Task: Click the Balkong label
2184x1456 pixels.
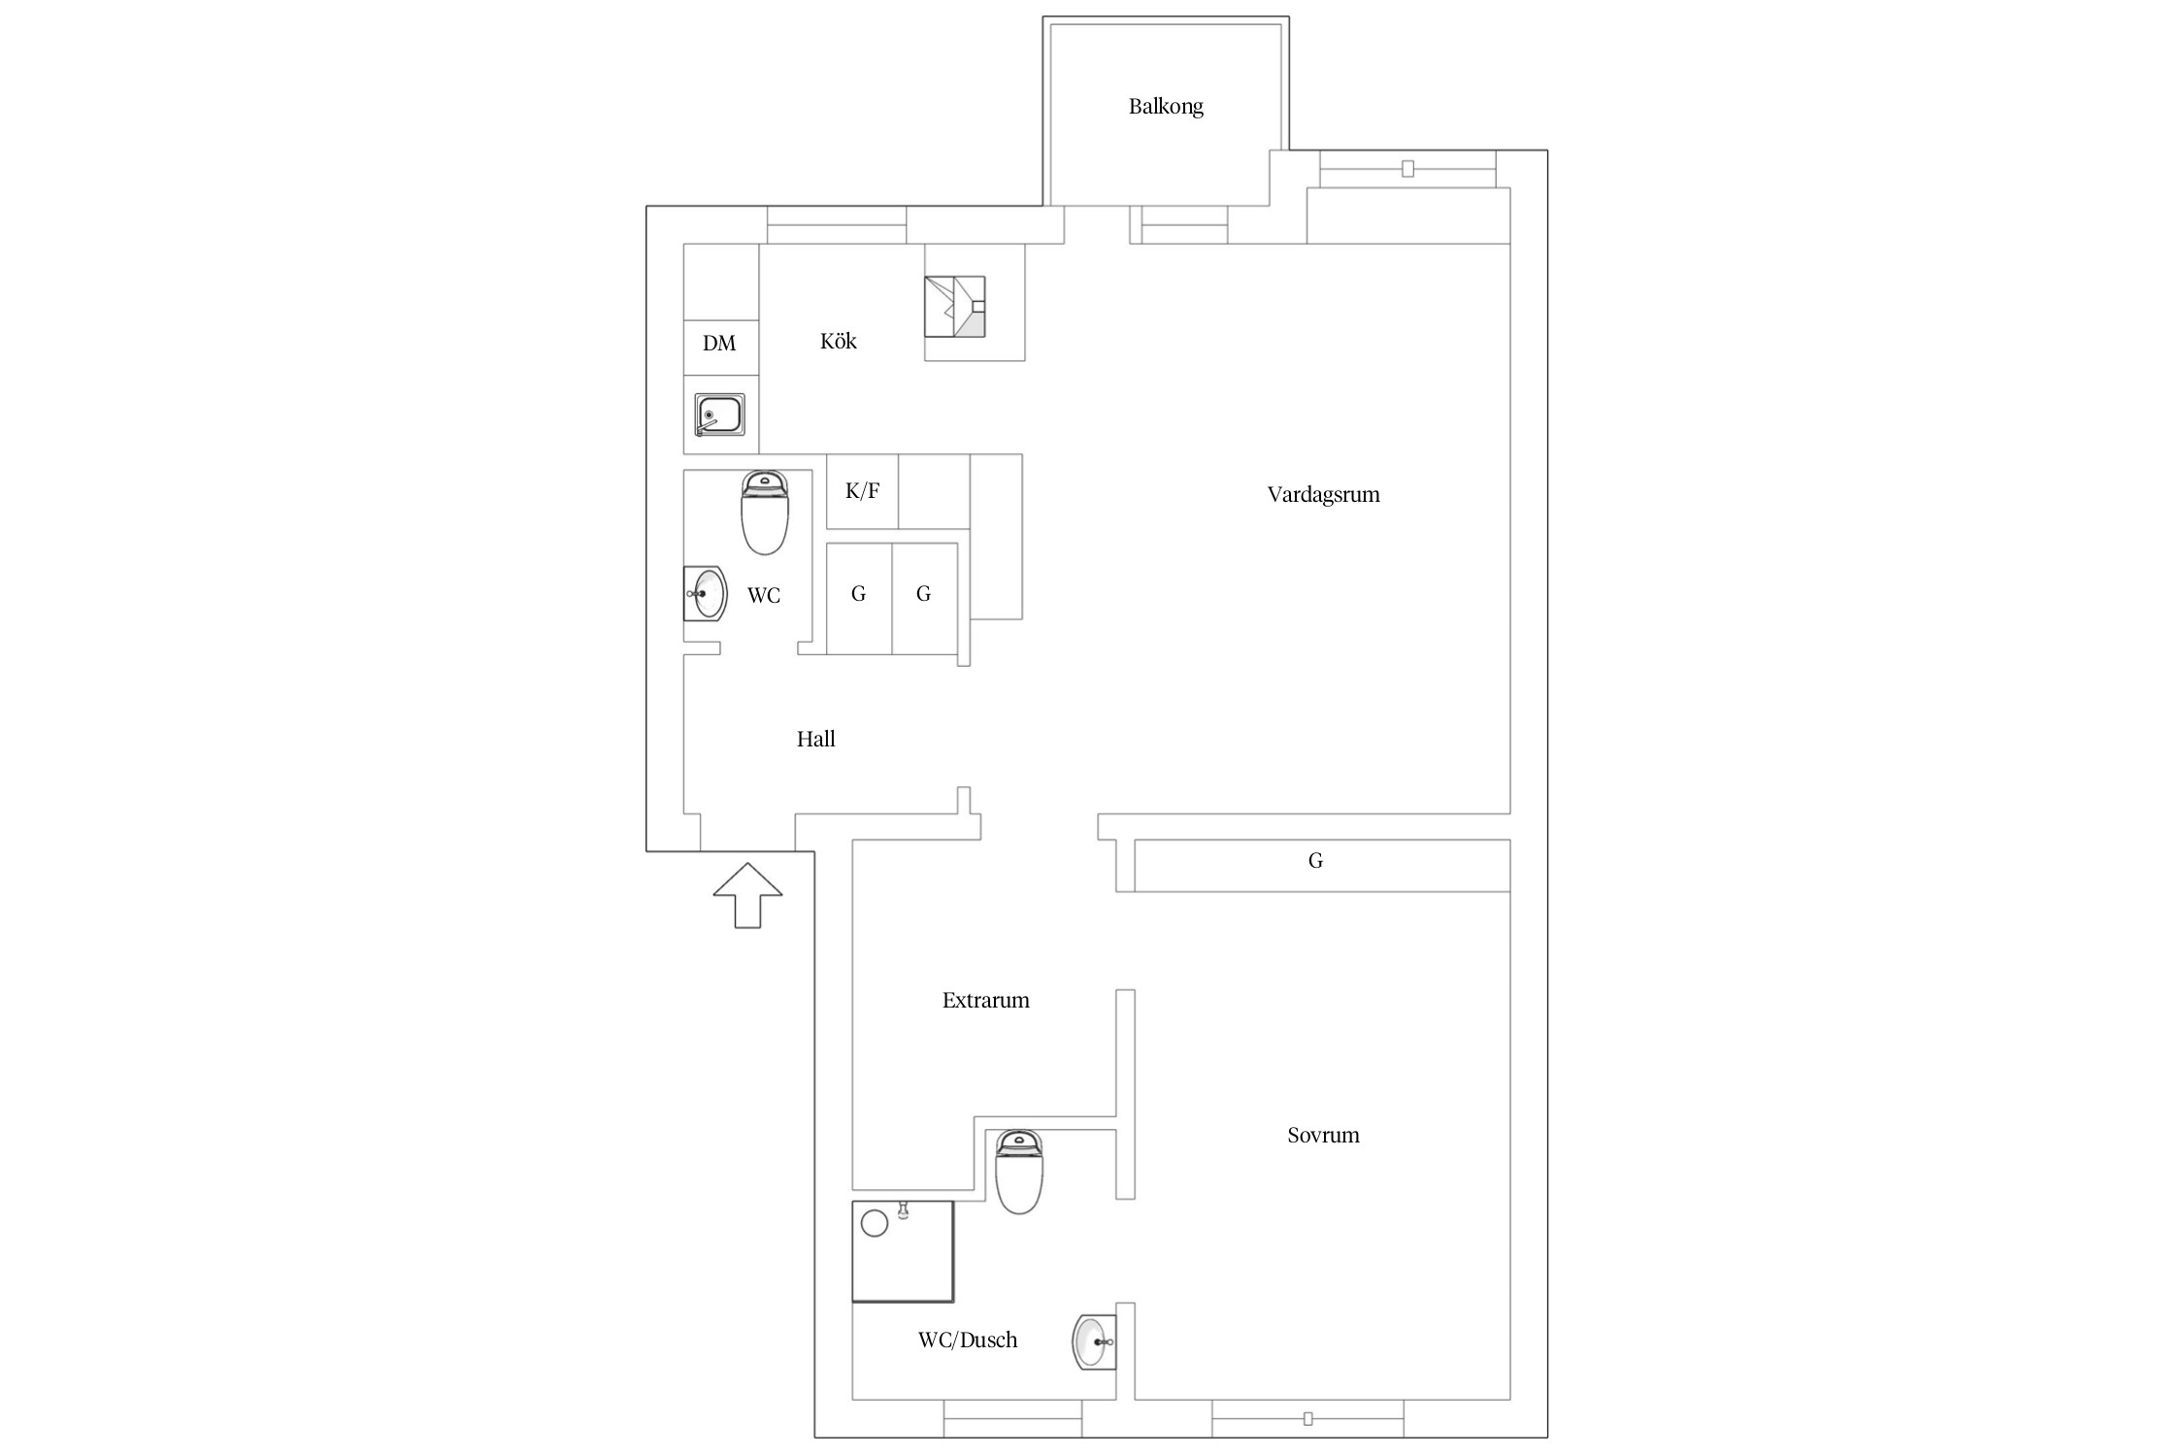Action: (1166, 107)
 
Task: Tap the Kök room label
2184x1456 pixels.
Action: (839, 341)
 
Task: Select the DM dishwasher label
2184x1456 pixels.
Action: (719, 343)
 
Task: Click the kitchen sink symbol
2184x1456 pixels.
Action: (720, 415)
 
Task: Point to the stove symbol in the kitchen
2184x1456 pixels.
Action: (955, 307)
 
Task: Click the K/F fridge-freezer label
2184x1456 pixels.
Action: (862, 491)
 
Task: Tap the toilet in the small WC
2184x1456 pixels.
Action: (765, 513)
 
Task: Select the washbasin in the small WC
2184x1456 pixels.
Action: (706, 593)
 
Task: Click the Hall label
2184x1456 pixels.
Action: (816, 740)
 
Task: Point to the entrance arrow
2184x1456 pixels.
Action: (747, 895)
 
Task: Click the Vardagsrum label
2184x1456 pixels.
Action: (1323, 495)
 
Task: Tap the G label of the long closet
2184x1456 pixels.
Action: (1315, 860)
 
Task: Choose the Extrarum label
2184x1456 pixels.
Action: (985, 1001)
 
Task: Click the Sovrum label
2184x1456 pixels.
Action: (1323, 1136)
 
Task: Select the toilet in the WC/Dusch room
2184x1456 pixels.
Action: (1019, 1172)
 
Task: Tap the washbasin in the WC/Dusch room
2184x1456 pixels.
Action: (1094, 1341)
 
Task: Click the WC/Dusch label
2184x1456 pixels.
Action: (968, 1340)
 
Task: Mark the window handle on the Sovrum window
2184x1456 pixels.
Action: (1307, 1419)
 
